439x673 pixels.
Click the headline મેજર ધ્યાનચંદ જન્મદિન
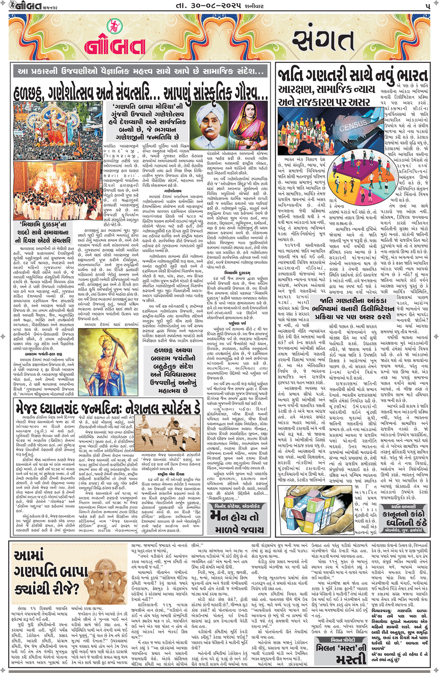point(107,407)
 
